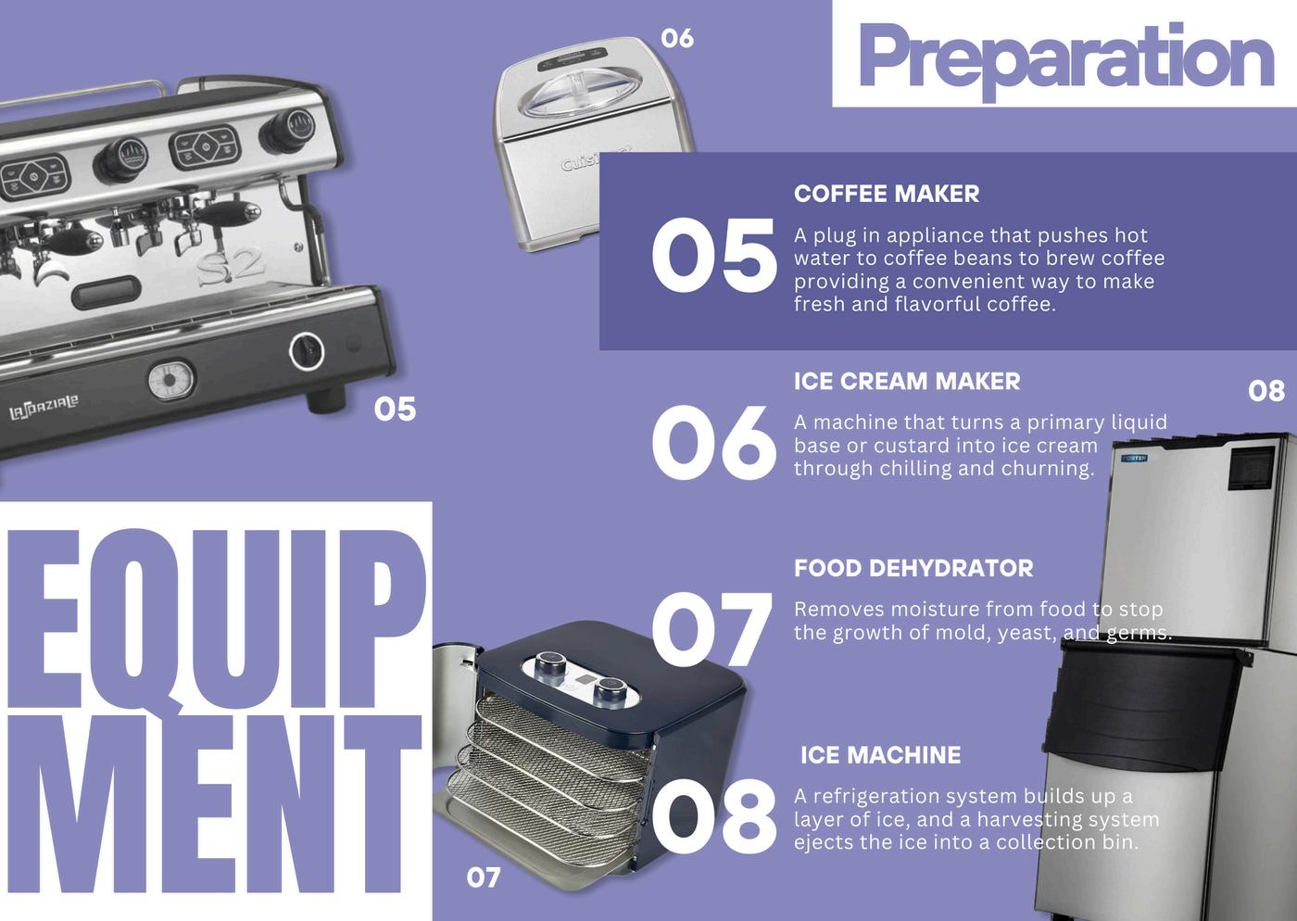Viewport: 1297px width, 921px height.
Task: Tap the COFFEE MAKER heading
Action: (x=887, y=194)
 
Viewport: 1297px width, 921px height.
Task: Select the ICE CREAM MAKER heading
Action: (x=907, y=381)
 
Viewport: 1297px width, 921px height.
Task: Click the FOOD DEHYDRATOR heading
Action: (x=913, y=568)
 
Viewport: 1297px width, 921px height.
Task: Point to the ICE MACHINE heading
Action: (x=881, y=755)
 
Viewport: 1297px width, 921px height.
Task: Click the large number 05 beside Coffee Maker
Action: (x=714, y=255)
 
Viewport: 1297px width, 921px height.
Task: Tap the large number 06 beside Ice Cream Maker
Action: (x=714, y=442)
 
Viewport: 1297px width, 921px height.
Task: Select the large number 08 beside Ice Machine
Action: (x=714, y=816)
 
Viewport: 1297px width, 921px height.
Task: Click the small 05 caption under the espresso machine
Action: (x=395, y=409)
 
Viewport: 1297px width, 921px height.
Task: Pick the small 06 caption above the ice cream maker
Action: (x=677, y=38)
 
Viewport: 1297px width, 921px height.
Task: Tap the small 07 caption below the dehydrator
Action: (x=484, y=877)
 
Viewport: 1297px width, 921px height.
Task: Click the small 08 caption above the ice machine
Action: (x=1266, y=391)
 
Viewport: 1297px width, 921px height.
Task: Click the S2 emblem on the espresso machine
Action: (x=231, y=268)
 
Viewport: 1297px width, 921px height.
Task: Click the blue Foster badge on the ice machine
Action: (x=1134, y=458)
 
